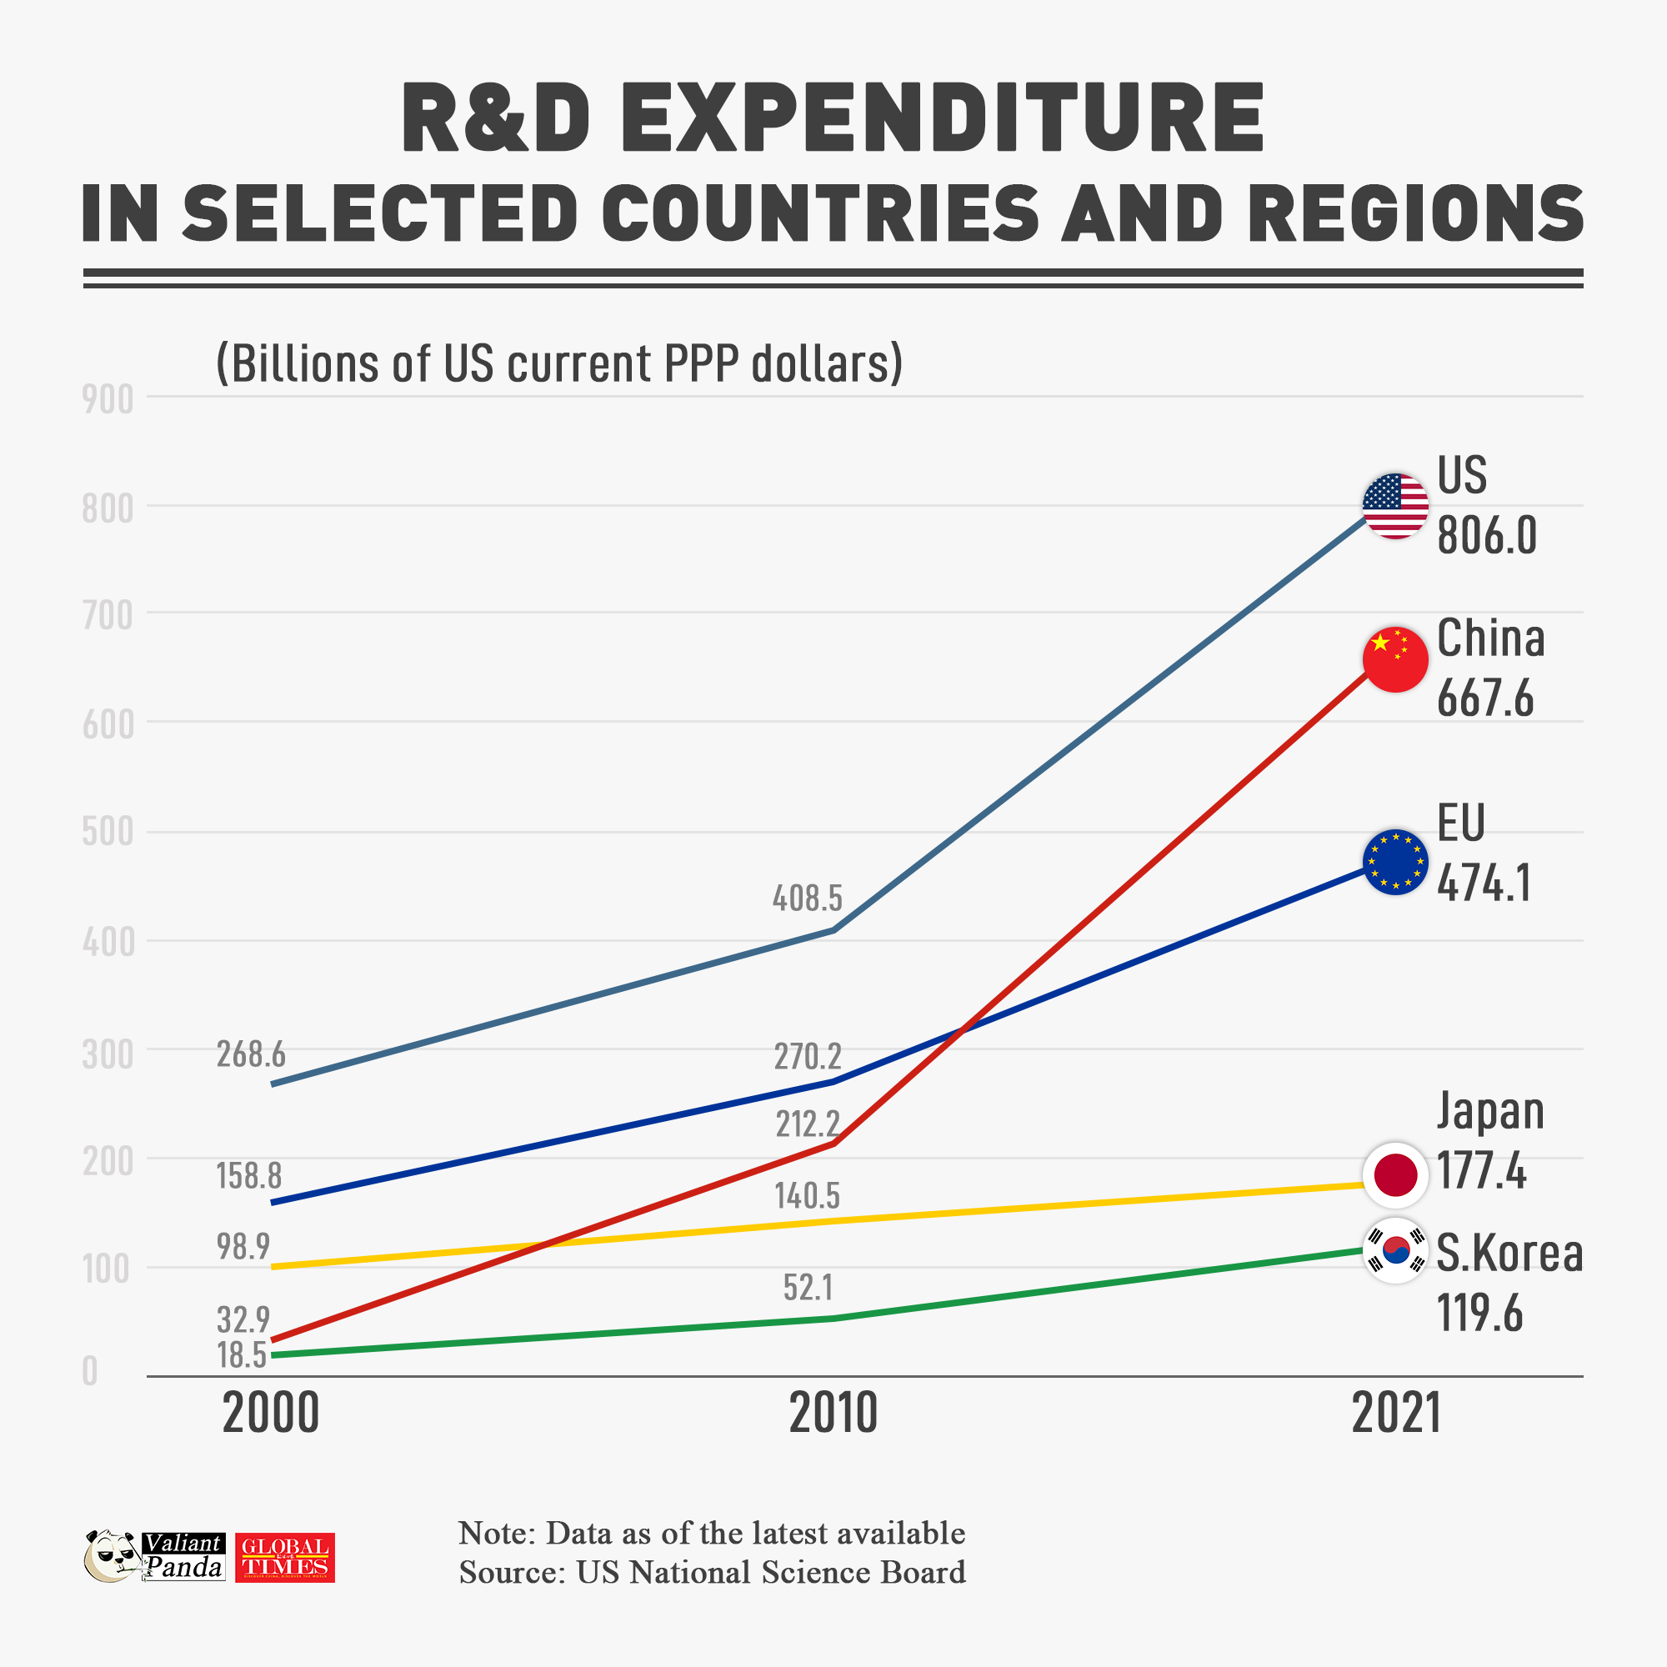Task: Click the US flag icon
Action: point(1395,507)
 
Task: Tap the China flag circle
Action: point(1395,660)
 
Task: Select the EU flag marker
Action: point(1395,862)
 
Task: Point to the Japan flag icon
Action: point(1395,1174)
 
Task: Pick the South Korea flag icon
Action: point(1395,1250)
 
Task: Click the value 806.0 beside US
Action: point(1487,537)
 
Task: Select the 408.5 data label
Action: point(807,899)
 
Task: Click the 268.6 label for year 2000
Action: point(250,1054)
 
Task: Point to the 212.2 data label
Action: point(807,1124)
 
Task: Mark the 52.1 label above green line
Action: point(808,1288)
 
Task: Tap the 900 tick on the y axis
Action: point(108,400)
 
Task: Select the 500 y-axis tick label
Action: point(108,833)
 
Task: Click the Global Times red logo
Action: point(285,1558)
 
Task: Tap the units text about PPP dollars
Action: point(559,363)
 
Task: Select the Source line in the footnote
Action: point(712,1572)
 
